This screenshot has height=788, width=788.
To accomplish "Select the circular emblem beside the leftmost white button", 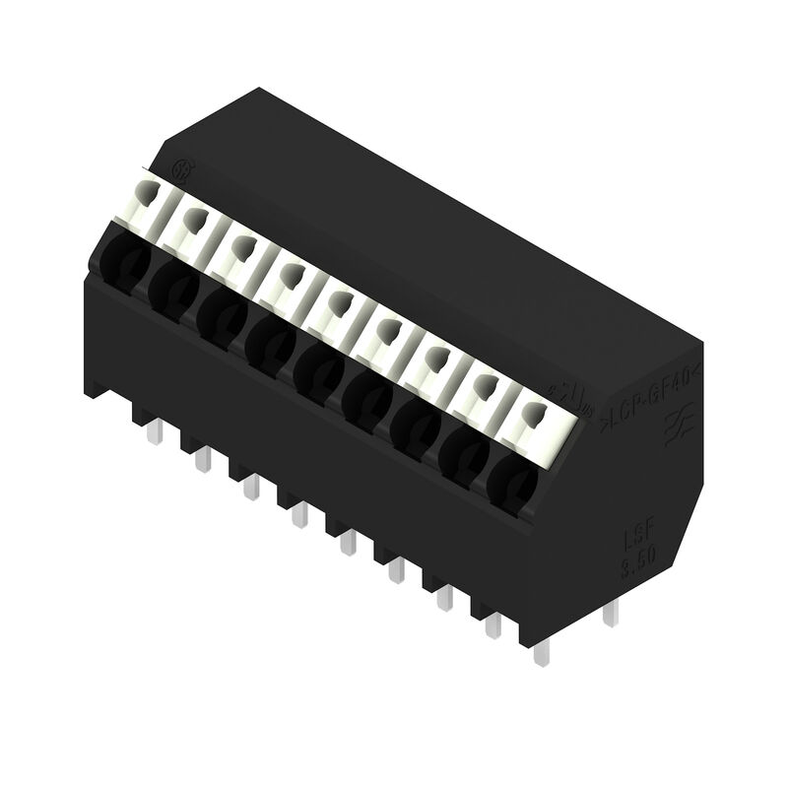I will point(182,169).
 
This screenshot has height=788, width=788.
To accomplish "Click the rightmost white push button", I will point(533,423).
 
